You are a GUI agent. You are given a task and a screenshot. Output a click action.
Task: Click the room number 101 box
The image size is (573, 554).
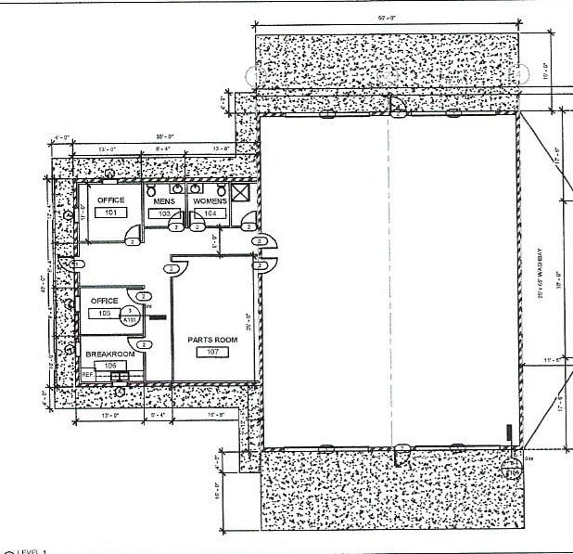[110, 213]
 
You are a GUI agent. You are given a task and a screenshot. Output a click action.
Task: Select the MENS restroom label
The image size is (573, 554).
[164, 201]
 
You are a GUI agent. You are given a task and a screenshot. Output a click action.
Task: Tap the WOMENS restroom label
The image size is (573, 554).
[210, 201]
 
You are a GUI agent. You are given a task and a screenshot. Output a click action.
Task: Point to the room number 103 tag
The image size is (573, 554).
[164, 213]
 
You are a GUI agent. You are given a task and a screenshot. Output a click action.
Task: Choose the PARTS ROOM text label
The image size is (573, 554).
[212, 340]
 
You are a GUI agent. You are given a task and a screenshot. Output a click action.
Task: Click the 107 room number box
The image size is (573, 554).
[212, 352]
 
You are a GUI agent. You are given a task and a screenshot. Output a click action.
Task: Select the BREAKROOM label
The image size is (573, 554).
[110, 354]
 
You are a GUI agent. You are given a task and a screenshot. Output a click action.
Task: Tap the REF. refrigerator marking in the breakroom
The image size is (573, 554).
[88, 374]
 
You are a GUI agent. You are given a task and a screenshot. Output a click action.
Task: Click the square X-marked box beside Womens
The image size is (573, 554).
[240, 192]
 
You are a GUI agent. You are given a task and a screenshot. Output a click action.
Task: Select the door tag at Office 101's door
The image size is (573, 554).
[134, 241]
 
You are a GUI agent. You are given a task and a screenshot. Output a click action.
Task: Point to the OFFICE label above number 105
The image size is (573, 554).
[104, 301]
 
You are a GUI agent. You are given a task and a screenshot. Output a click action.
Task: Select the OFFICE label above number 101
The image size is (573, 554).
[110, 200]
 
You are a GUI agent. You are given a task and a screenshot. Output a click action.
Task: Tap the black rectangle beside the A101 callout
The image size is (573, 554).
[158, 317]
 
